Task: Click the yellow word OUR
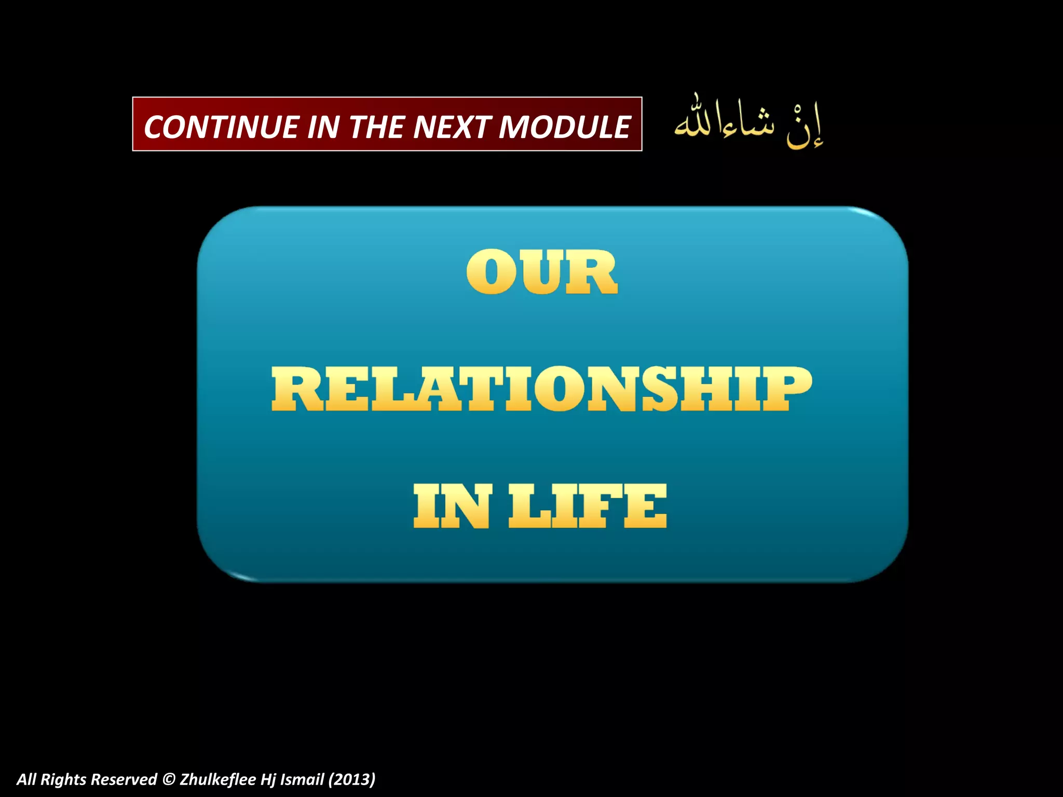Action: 542,272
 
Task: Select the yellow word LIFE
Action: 588,506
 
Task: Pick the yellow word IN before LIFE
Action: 452,506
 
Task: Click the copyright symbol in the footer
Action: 168,779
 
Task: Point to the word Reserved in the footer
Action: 124,779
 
